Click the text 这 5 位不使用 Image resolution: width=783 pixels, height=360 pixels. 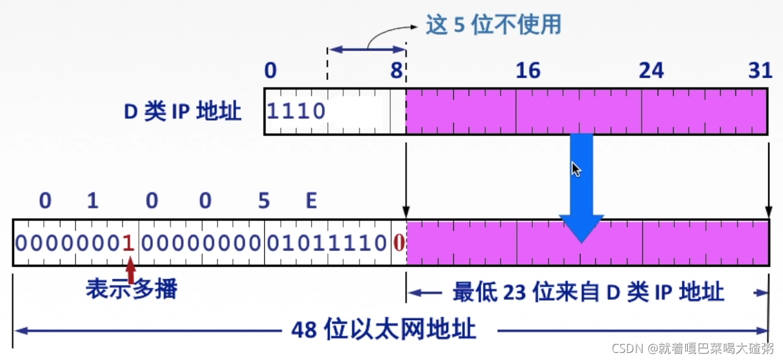[x=494, y=24]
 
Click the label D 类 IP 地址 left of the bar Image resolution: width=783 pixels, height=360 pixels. [x=183, y=112]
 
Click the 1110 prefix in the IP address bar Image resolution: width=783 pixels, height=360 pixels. [x=296, y=112]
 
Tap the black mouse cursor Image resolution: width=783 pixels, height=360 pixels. [x=576, y=169]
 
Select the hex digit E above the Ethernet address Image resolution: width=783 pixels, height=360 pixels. [x=311, y=201]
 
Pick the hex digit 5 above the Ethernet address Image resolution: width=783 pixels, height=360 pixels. [x=264, y=201]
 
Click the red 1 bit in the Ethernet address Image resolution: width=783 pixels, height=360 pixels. [x=128, y=243]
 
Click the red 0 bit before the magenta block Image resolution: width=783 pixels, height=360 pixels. [x=399, y=243]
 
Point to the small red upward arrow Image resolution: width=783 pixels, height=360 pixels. [x=131, y=270]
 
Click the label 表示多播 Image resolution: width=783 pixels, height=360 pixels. [x=131, y=289]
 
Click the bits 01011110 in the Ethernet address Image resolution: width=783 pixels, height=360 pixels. [x=327, y=243]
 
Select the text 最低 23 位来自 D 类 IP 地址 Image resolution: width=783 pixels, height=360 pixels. [x=588, y=292]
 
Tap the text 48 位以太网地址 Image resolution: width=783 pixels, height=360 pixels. [x=383, y=330]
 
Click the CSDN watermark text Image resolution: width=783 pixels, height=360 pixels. [x=693, y=348]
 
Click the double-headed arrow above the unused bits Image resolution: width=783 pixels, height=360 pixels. [x=366, y=50]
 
